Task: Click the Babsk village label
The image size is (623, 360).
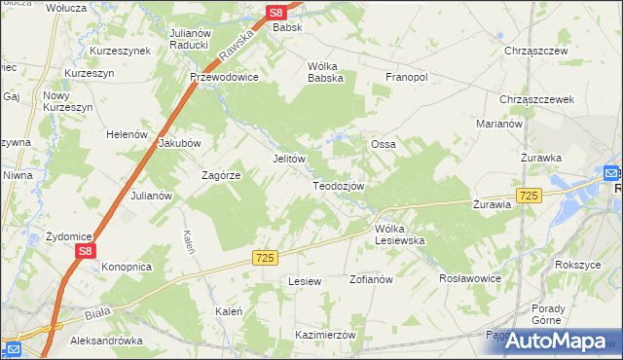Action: click(x=287, y=27)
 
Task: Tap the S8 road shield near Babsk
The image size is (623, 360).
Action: click(x=277, y=13)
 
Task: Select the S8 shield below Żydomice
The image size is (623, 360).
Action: click(x=86, y=251)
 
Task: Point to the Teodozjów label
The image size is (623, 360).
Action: click(x=339, y=186)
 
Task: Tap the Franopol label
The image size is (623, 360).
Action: click(x=406, y=77)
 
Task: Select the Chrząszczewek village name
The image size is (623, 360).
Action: click(x=536, y=99)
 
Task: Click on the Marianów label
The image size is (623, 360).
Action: click(x=500, y=124)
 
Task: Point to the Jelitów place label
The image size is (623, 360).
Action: click(x=289, y=159)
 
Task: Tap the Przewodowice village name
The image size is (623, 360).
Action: click(x=224, y=78)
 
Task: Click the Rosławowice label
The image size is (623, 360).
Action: click(x=470, y=278)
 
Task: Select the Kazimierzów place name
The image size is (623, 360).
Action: click(x=326, y=334)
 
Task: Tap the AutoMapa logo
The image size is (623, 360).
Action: click(x=557, y=341)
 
